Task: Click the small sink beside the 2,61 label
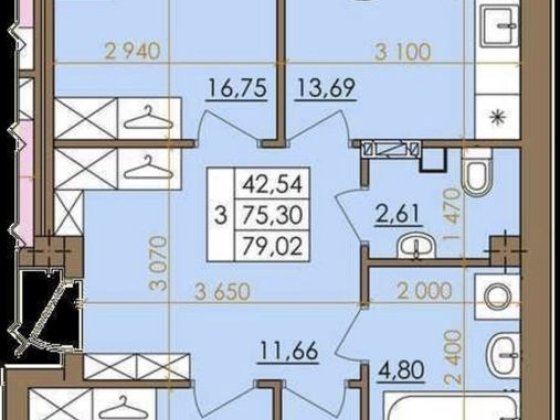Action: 412,245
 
